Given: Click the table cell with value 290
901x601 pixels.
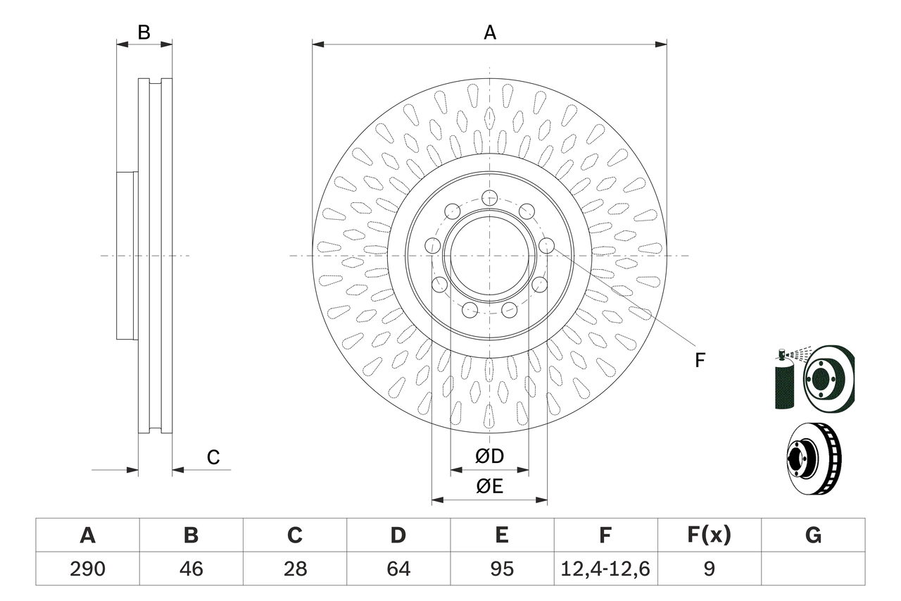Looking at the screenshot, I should point(87,569).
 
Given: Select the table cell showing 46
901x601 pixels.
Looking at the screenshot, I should point(191,569).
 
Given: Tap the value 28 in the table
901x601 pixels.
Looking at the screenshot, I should point(294,569).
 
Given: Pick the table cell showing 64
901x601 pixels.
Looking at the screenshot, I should point(398,569).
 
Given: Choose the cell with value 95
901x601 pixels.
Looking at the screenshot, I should point(501,569).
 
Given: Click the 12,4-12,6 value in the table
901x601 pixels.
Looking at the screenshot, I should point(605,569).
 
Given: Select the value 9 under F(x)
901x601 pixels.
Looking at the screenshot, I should point(709,569).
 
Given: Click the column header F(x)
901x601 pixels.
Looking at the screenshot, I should point(709,535).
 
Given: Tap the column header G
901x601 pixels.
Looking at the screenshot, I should point(813,535).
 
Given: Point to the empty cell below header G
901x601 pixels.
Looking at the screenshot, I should point(813,569).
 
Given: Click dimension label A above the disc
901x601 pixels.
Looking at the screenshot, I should point(490,32).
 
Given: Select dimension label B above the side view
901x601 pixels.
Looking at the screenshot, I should point(144,32).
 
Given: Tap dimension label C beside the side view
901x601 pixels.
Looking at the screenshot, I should point(213,457).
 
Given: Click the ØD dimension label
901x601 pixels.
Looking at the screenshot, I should point(490,457).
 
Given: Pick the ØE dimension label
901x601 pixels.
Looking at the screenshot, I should point(490,487).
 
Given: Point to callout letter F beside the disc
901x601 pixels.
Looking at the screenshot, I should point(699,361).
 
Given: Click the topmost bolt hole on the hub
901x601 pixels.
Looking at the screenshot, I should point(490,197).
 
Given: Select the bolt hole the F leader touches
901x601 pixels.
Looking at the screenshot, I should point(546,245).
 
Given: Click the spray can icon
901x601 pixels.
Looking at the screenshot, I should point(783,380).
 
